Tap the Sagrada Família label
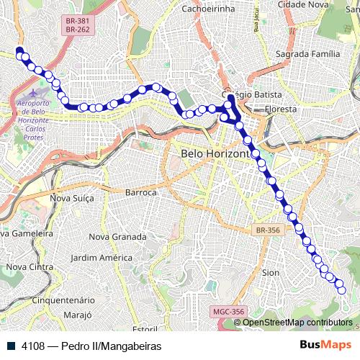(x=312, y=54)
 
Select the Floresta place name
(x=281, y=109)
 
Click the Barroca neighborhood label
(x=141, y=192)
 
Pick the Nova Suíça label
(x=72, y=198)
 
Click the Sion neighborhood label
(x=271, y=273)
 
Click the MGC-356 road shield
(x=228, y=312)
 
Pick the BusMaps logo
(x=326, y=346)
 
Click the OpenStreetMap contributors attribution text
(x=297, y=322)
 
